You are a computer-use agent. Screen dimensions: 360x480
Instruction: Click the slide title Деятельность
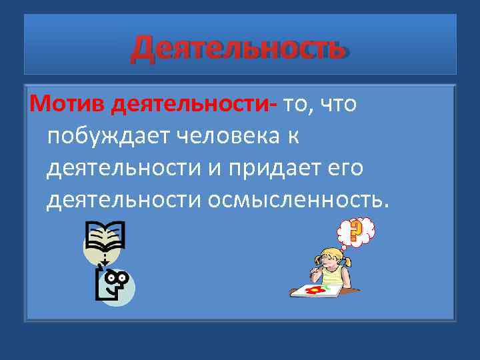pos(238,48)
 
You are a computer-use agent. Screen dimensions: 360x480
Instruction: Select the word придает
pos(265,168)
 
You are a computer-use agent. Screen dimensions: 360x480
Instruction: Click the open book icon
pos(105,237)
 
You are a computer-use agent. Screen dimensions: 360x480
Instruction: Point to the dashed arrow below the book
pos(105,258)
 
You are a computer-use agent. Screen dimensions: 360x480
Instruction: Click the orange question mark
pos(355,231)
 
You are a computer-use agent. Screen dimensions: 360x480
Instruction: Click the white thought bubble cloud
pos(355,231)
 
